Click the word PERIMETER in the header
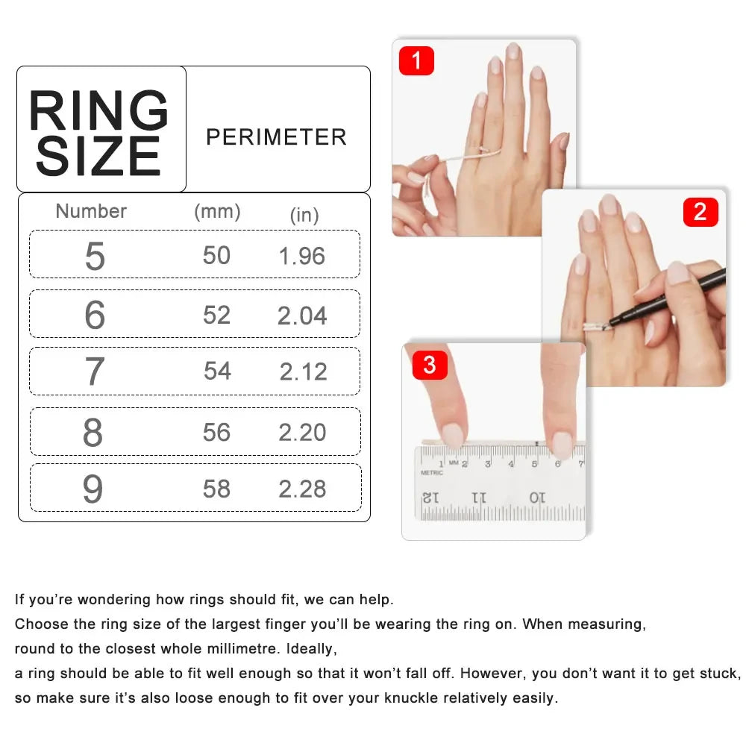pyautogui.click(x=276, y=137)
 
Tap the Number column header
pyautogui.click(x=91, y=211)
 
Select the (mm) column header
pyautogui.click(x=217, y=211)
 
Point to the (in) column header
pyautogui.click(x=304, y=215)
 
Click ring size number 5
pyautogui.click(x=95, y=256)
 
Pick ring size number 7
pyautogui.click(x=94, y=372)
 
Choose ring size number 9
pyautogui.click(x=93, y=489)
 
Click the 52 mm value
pyautogui.click(x=216, y=315)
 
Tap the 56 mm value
pyautogui.click(x=216, y=432)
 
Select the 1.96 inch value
pyautogui.click(x=302, y=256)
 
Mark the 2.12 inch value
pyautogui.click(x=303, y=372)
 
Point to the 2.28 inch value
pyautogui.click(x=302, y=489)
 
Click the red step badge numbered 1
pyautogui.click(x=416, y=60)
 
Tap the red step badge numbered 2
pyautogui.click(x=700, y=212)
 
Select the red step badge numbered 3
pyautogui.click(x=430, y=366)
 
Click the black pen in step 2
pyautogui.click(x=671, y=295)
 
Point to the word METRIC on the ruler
pyautogui.click(x=432, y=473)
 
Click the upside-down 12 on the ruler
pyautogui.click(x=431, y=496)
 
